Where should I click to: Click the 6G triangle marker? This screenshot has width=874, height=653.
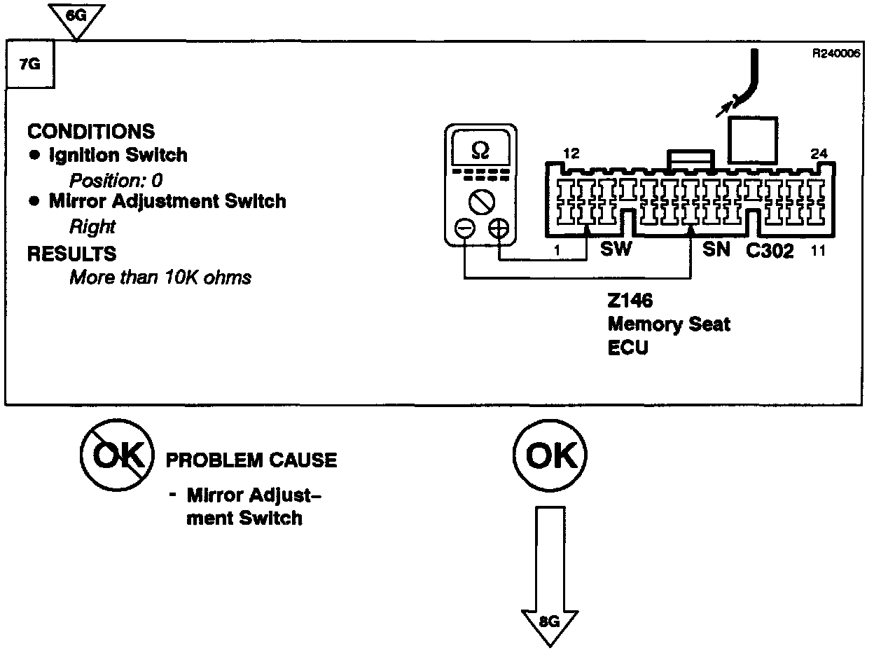coord(78,15)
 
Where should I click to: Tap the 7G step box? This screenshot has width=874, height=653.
coord(30,64)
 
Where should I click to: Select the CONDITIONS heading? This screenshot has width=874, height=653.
coord(91,131)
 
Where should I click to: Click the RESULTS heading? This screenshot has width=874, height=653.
coord(71,253)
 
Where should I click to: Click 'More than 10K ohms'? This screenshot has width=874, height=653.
coord(160,277)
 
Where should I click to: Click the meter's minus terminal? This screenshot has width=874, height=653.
coord(464,228)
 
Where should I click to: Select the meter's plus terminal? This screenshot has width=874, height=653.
coord(498,228)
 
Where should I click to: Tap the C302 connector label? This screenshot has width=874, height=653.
coord(770,251)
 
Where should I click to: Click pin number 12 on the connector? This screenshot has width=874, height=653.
coord(571,153)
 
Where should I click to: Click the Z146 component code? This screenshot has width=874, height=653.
coord(630,301)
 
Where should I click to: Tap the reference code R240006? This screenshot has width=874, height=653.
coord(835,53)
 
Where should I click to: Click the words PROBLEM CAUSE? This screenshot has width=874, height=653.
coord(251,460)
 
